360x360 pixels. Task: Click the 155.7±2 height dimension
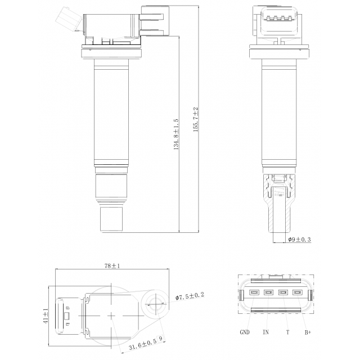point(196,119)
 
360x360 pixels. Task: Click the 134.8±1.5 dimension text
point(176,134)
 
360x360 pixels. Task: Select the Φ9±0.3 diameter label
point(300,240)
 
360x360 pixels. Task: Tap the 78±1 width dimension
point(112,266)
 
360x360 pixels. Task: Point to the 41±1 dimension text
point(46,316)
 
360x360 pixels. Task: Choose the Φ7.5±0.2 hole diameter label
point(190,296)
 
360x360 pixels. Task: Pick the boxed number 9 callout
point(161,338)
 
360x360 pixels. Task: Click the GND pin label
point(245,332)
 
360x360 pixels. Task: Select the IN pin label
point(265,332)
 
